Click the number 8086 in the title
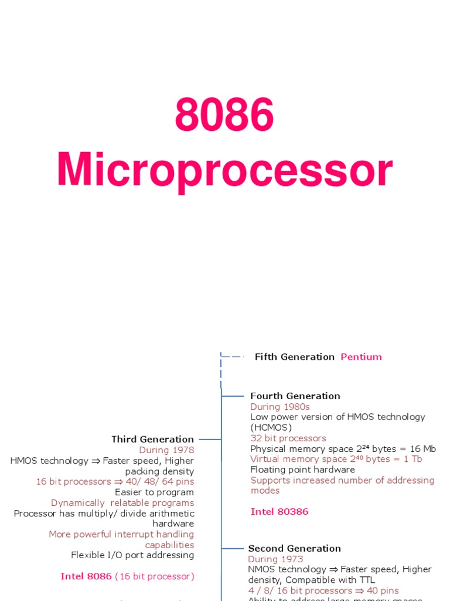224,115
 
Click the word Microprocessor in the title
224,171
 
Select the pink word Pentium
361,357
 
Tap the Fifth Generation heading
294,357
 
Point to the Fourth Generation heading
295,396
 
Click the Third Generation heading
152,439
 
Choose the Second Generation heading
294,549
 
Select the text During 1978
166,450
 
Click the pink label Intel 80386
279,512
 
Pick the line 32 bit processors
288,438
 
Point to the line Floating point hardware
302,470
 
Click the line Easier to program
154,492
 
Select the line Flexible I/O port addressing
132,555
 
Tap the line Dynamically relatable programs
122,503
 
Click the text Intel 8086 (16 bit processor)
127,576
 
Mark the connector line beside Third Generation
210,439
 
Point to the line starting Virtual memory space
336,459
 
